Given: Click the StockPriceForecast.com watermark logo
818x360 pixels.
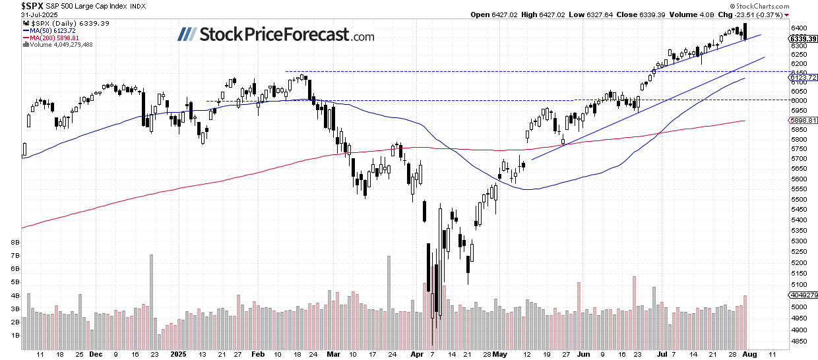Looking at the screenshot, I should click(x=276, y=36).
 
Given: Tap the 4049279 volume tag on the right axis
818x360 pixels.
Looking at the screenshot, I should click(x=803, y=295).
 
